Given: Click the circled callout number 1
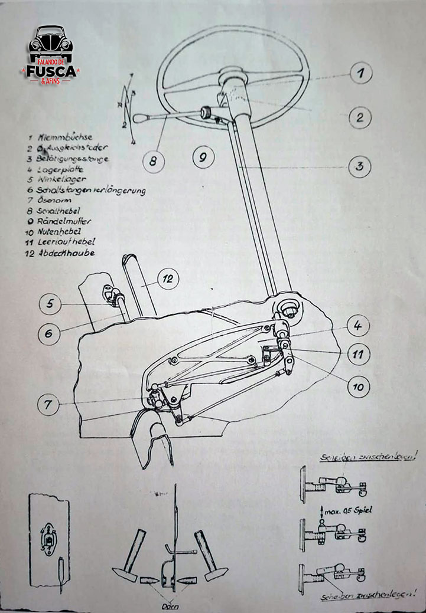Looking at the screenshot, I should point(360,74).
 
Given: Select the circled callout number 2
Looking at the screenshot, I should point(359,117).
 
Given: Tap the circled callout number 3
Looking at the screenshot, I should point(359,166).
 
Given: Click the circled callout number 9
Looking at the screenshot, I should point(202,158).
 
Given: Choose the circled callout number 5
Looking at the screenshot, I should point(50,304).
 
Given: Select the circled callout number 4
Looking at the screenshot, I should point(358,325).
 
